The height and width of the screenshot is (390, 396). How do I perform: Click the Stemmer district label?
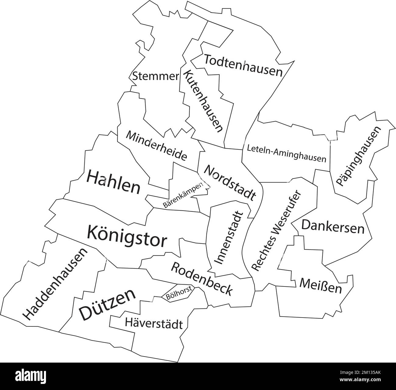coord(155,76)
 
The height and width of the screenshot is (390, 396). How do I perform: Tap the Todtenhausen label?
coord(243,65)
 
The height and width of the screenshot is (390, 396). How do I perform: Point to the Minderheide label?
coord(156,146)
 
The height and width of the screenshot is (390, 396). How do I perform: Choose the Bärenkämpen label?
coord(183,195)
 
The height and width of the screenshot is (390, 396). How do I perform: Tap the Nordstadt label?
coord(229,182)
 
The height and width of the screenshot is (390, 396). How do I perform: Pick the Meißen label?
coord(320,286)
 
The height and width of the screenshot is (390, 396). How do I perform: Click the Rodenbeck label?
coord(202,278)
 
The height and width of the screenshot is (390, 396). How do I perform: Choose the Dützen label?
coord(107,304)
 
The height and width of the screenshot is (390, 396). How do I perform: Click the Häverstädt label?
coord(154,324)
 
